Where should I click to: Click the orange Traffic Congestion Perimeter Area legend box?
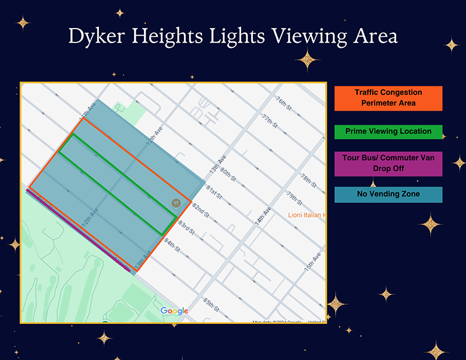click(388, 98)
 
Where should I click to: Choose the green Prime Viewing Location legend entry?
click(388, 132)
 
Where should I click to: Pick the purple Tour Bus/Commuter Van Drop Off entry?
click(388, 163)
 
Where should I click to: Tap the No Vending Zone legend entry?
click(388, 195)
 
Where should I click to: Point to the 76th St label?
click(283, 103)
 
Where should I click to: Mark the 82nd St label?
click(200, 209)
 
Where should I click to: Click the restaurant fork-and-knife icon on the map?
click(176, 203)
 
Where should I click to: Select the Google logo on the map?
click(174, 311)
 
